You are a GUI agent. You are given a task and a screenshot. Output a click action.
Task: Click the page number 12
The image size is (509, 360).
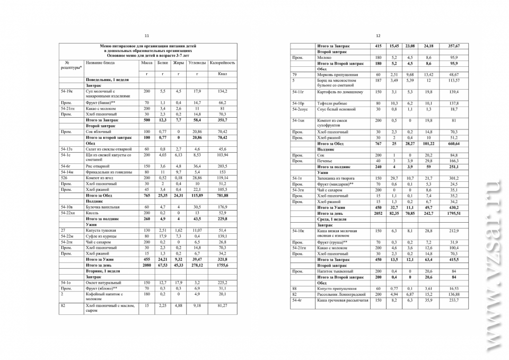(x=378, y=36)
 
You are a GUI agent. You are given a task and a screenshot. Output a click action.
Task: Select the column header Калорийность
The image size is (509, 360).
(x=222, y=63)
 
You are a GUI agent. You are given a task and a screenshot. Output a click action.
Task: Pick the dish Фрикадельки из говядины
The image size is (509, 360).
(x=107, y=172)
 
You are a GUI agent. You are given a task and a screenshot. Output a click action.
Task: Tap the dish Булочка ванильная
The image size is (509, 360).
(x=103, y=207)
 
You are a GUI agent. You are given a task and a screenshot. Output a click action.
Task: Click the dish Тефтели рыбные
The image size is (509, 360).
(x=331, y=103)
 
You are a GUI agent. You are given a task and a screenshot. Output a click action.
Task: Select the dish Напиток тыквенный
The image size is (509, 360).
(x=335, y=271)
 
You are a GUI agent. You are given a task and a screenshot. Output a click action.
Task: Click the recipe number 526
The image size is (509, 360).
(x=64, y=178)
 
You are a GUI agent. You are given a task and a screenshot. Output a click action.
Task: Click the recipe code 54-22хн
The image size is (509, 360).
(x=69, y=213)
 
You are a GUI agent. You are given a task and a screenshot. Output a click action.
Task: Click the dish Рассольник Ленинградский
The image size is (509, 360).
(x=341, y=294)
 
